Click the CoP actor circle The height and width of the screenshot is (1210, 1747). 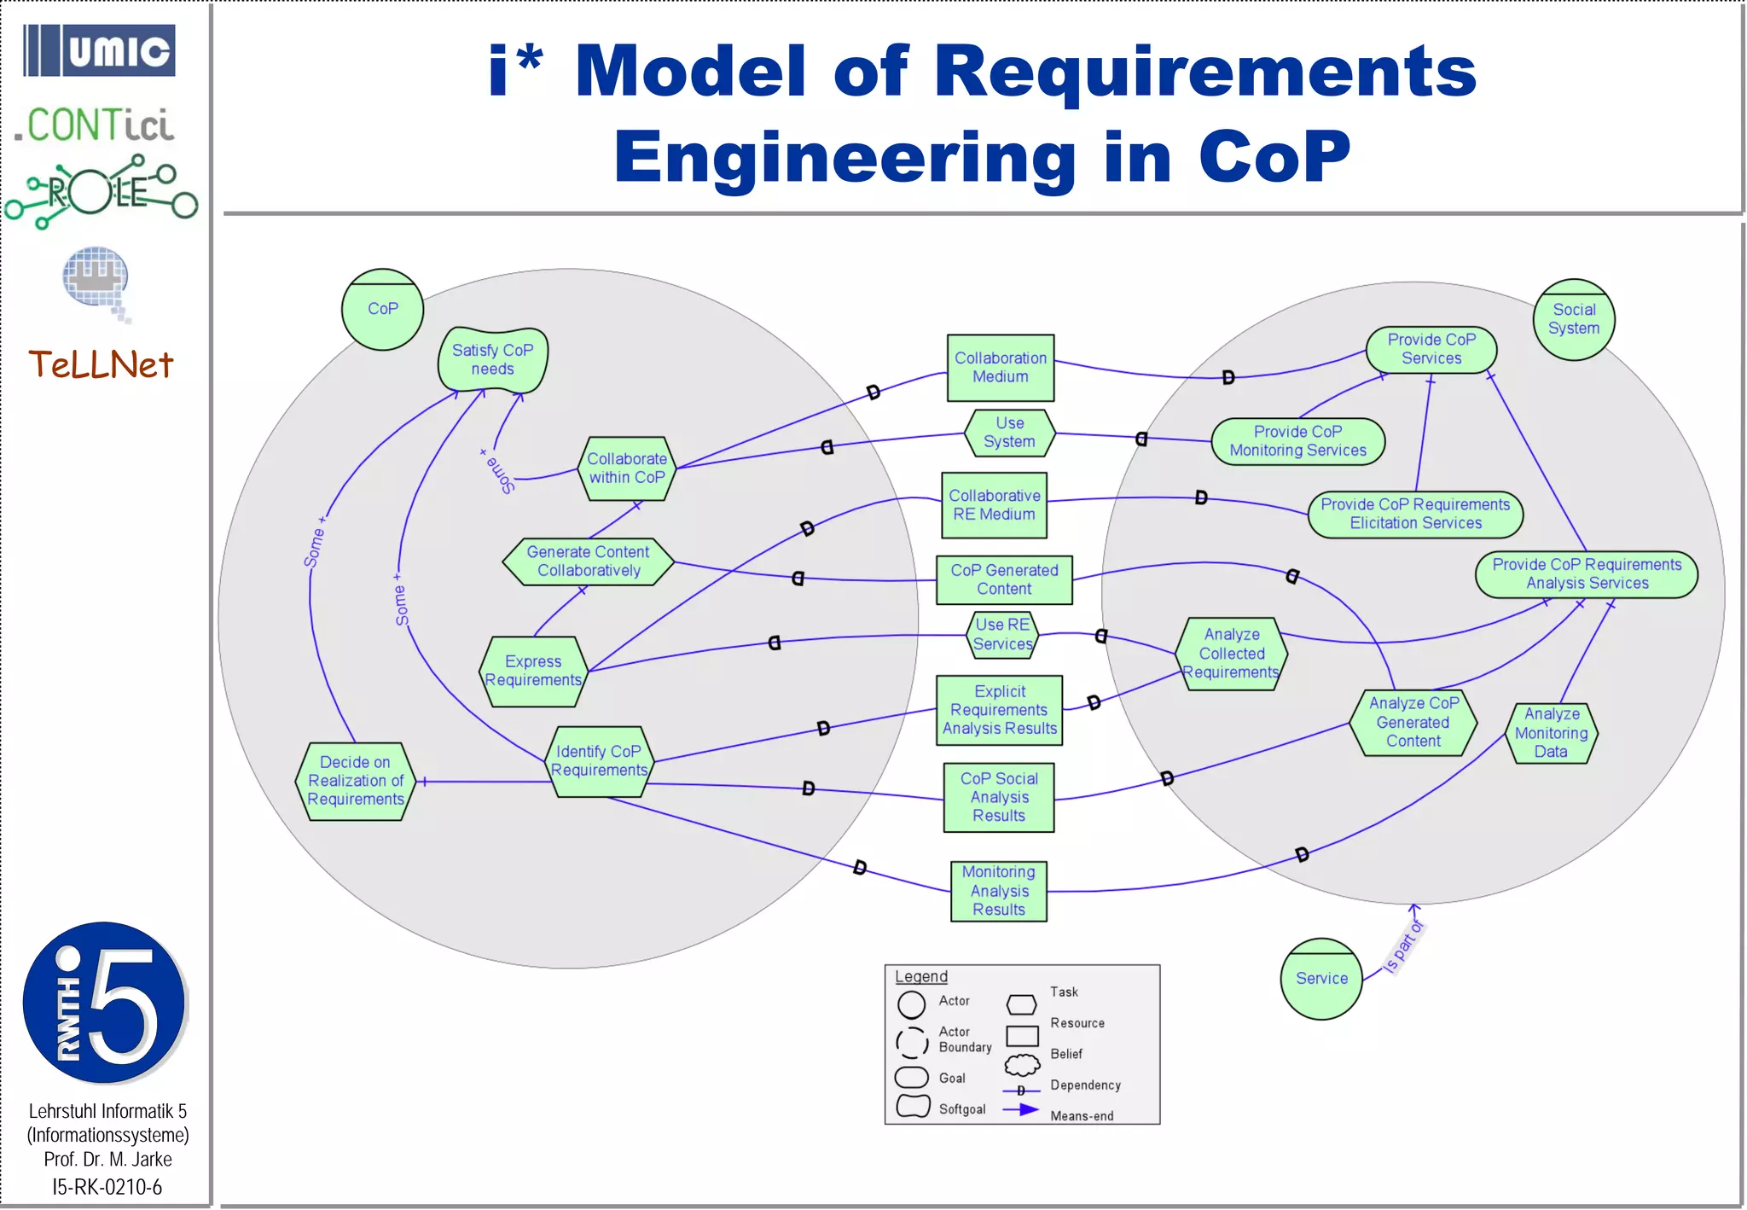point(382,310)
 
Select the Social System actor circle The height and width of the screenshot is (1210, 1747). point(1574,319)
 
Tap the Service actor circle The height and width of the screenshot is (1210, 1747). point(1321,979)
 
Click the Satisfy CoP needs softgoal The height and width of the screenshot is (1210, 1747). point(493,359)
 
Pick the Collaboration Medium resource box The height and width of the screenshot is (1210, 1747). point(1000,368)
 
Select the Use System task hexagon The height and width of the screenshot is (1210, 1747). point(1009,433)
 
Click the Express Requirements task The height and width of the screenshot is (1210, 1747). point(533,671)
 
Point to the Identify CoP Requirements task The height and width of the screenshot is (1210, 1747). point(599,761)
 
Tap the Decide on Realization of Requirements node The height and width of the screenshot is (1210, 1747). point(356,781)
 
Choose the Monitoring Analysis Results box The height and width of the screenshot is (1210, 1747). point(998,891)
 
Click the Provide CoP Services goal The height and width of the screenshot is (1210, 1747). point(1431,349)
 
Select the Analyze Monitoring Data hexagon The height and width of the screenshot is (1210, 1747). point(1551,733)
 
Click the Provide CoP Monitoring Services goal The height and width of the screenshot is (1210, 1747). point(1297,441)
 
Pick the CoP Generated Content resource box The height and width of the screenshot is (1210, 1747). point(1004,579)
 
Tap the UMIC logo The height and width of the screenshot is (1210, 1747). point(100,51)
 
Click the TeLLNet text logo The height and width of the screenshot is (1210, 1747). point(101,365)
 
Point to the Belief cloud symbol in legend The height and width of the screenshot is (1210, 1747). point(1022,1065)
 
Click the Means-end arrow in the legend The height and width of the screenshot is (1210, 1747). point(1021,1110)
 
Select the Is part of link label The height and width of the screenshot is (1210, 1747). point(1403,947)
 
